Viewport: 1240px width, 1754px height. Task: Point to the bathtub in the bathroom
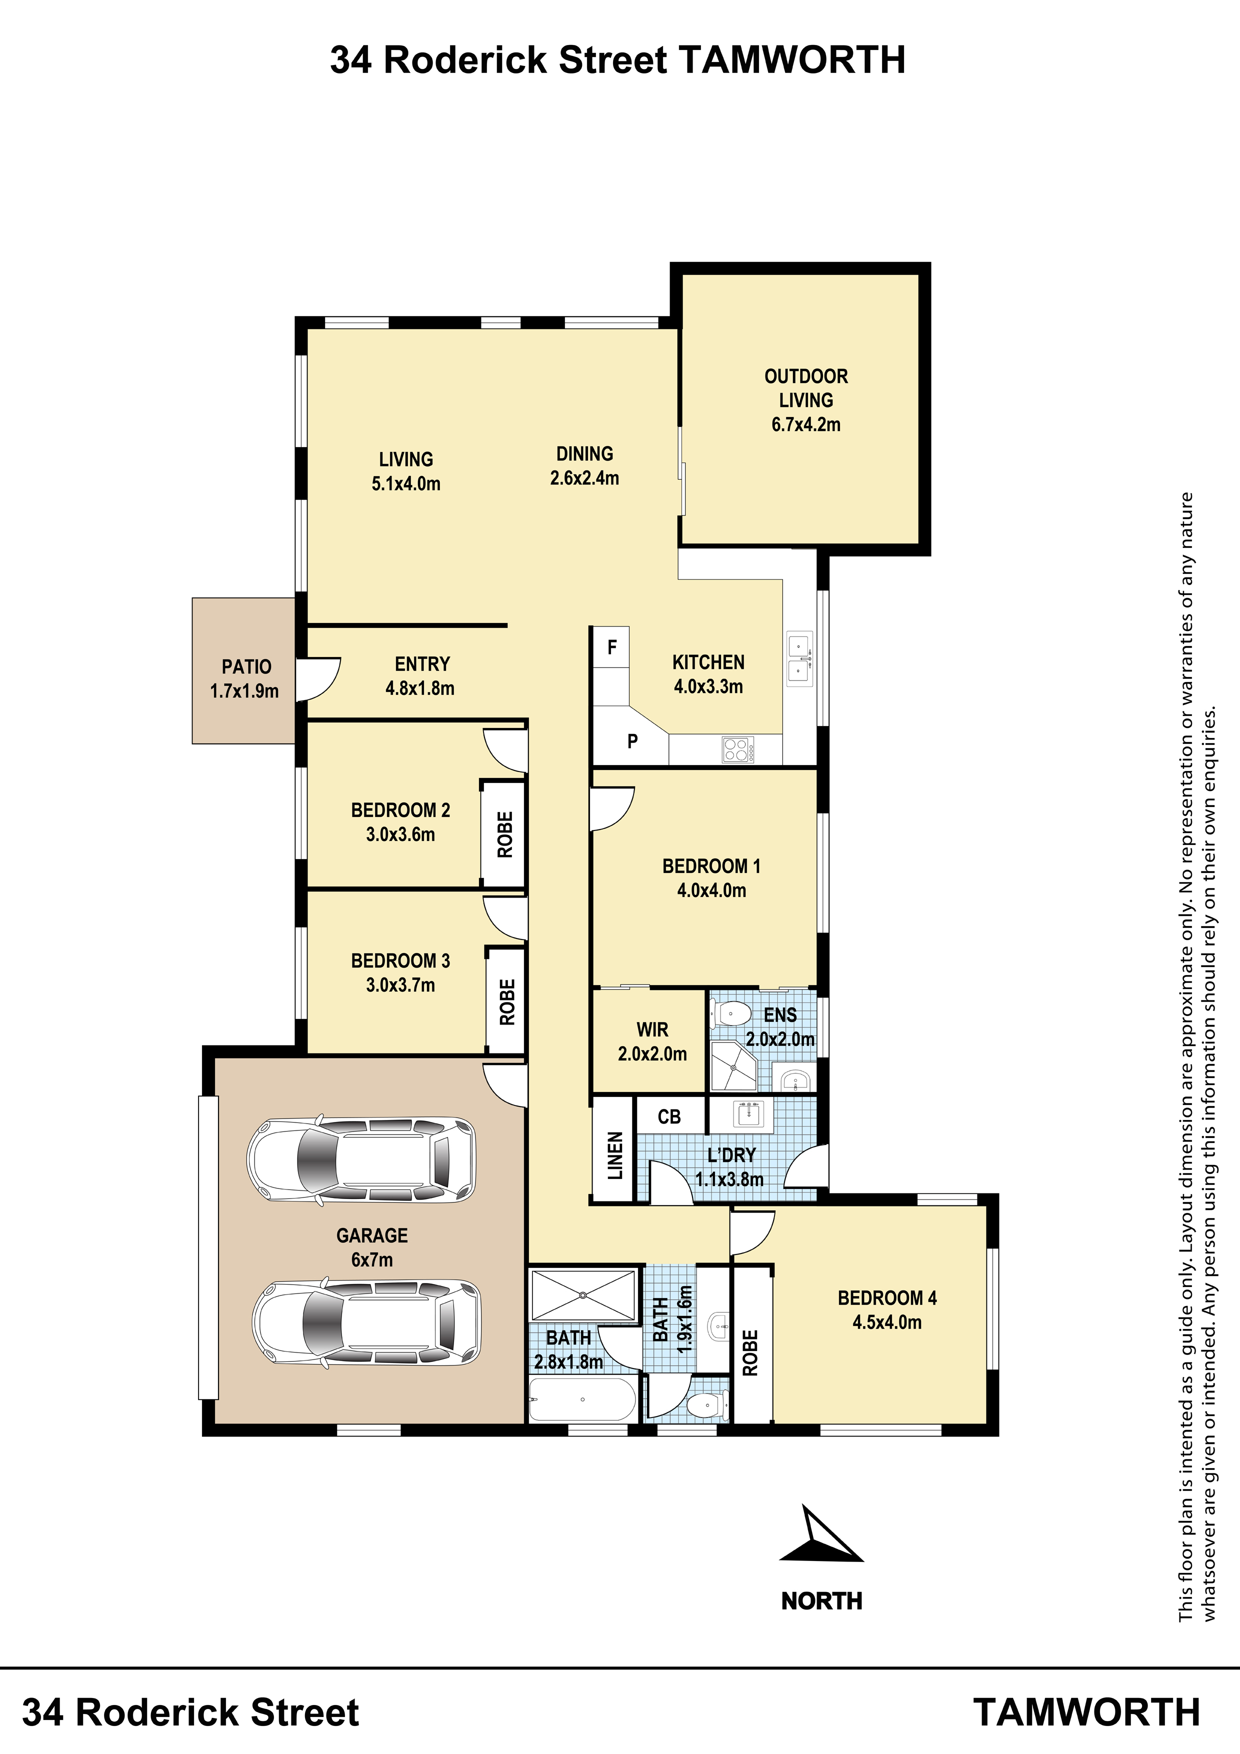click(x=582, y=1399)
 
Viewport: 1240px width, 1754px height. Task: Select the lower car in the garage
click(x=366, y=1322)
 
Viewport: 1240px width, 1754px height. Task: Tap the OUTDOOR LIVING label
click(x=806, y=388)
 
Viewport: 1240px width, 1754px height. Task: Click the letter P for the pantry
click(x=632, y=741)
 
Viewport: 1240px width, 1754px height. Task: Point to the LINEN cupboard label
click(x=615, y=1156)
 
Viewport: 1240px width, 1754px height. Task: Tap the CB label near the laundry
click(x=669, y=1117)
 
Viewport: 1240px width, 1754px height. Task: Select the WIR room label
click(x=652, y=1030)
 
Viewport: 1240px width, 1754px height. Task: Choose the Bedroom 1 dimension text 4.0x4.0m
click(x=711, y=890)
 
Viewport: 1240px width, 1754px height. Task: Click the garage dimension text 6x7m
click(x=372, y=1259)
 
